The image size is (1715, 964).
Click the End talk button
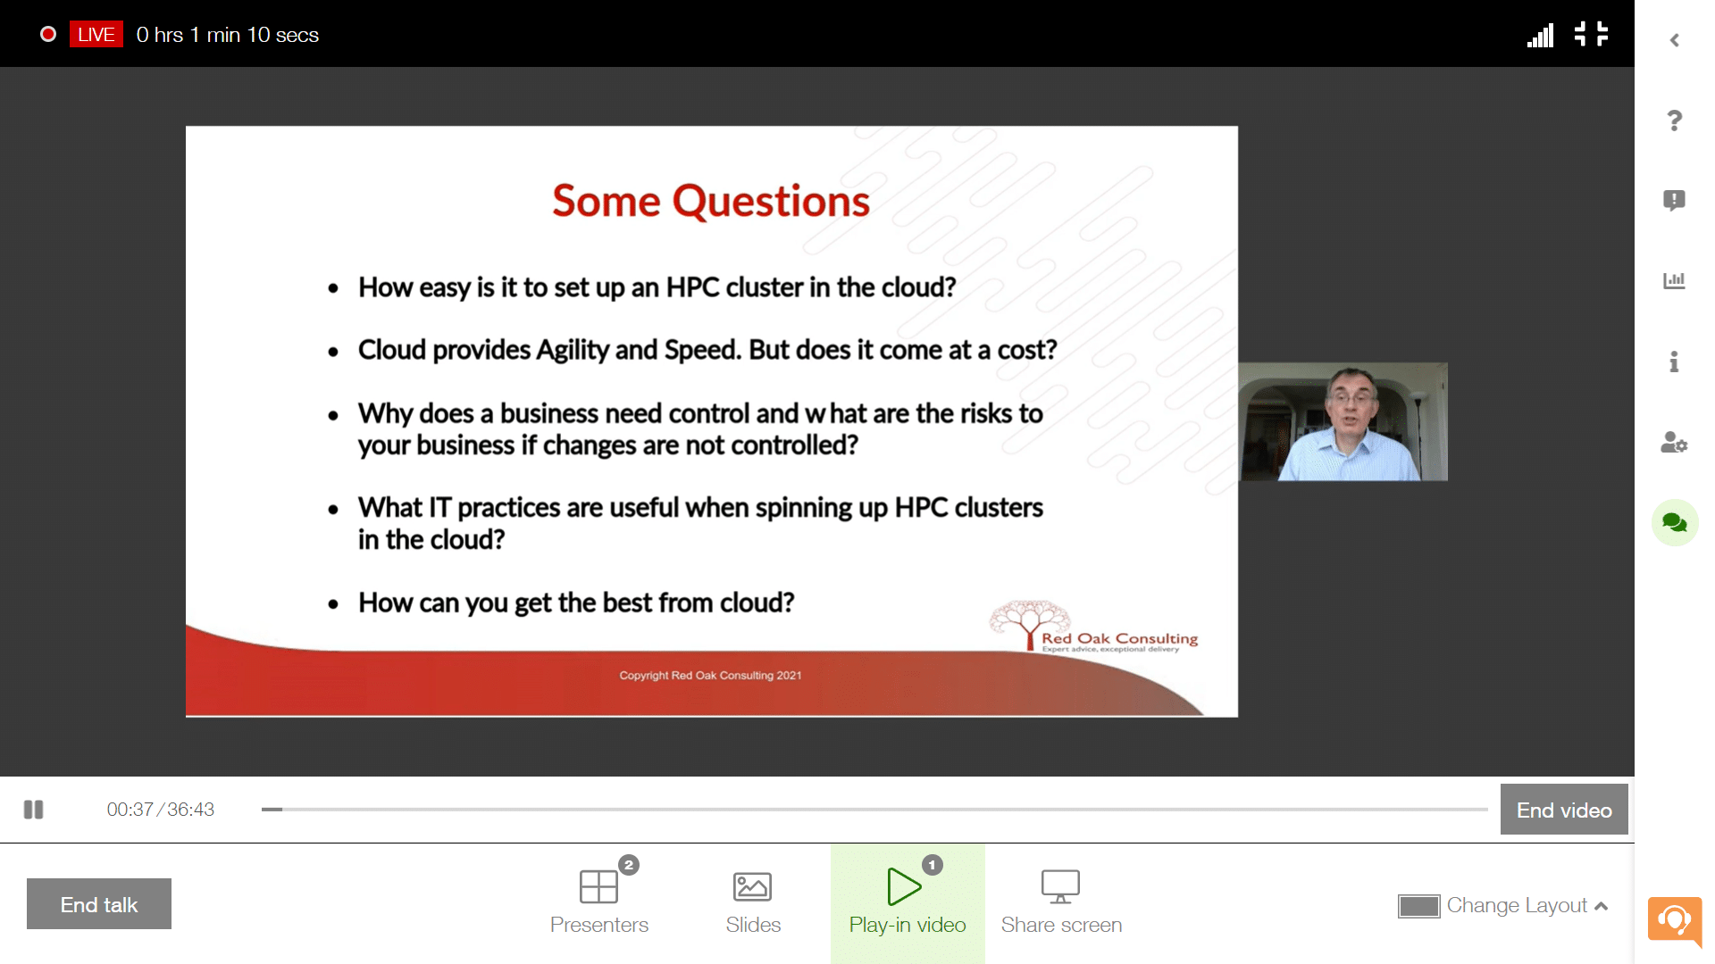(99, 903)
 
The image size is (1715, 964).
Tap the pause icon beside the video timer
(34, 810)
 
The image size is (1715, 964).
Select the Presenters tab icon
(598, 886)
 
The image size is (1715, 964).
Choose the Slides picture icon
(752, 886)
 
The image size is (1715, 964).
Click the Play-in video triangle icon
(904, 886)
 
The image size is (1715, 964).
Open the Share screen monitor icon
(1060, 886)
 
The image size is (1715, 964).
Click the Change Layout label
(1517, 905)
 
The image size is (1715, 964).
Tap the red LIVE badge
(96, 35)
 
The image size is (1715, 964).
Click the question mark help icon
(1675, 120)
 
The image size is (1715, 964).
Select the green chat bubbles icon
(1675, 523)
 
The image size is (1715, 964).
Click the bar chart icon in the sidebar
(1674, 281)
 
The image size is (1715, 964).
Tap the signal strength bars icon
(1541, 35)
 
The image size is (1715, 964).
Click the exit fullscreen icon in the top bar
(1591, 34)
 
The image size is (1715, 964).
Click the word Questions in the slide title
(771, 202)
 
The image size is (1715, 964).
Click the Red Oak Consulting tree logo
(1030, 623)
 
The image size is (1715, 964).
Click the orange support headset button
(1675, 920)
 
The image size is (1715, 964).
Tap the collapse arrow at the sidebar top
(1675, 40)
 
